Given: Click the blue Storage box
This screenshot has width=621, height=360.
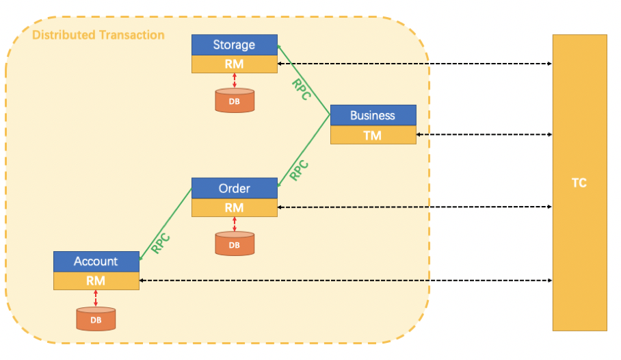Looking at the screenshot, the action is [x=235, y=44].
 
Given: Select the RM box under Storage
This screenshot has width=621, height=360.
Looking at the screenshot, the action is [x=235, y=64].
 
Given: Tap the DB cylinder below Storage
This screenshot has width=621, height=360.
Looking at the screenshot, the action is [x=235, y=101].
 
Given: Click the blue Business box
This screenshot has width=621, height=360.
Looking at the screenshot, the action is [x=373, y=116].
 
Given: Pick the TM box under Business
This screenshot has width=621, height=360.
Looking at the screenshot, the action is [x=373, y=135].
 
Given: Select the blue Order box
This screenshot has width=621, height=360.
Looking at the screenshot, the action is [x=235, y=188].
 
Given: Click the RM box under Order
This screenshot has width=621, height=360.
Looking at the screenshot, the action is [x=235, y=208].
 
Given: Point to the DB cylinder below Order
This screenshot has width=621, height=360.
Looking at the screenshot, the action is [x=235, y=244].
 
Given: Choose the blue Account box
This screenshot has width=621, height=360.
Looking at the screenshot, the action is [x=96, y=261].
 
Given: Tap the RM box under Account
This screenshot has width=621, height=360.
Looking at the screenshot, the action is [x=96, y=281].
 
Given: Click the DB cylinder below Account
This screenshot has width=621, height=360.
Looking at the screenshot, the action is [x=96, y=319].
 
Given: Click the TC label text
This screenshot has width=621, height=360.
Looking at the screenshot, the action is [x=579, y=183].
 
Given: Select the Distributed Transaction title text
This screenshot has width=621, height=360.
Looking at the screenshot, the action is [x=98, y=35].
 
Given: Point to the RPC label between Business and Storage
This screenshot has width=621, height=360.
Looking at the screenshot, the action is [x=302, y=89].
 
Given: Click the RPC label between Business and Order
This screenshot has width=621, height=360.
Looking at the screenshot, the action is [x=299, y=170].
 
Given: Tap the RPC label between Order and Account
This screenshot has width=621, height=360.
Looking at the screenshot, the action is [x=161, y=244].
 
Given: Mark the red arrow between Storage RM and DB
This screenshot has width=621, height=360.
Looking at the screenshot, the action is [x=235, y=81].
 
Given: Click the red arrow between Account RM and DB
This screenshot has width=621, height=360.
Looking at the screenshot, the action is [x=96, y=298].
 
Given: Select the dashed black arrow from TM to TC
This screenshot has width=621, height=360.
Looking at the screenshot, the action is [x=484, y=134].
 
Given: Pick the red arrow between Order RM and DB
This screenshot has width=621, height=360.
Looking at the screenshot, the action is [x=235, y=224].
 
